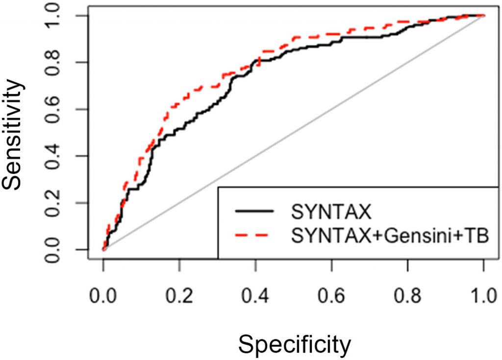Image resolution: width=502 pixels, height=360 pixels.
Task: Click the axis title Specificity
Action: pyautogui.click(x=295, y=344)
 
